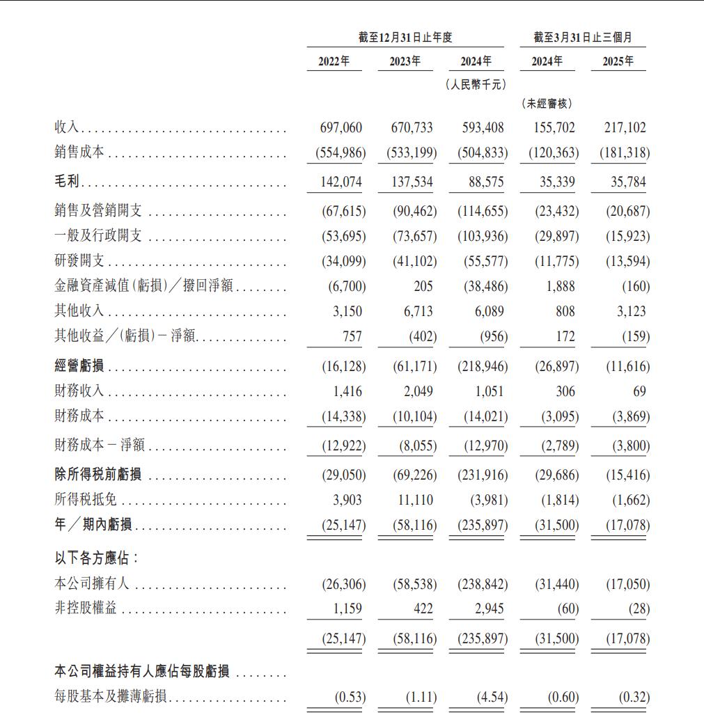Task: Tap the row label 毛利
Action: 68,182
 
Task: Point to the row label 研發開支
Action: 79,261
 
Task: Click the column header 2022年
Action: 334,61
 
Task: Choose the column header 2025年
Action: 618,61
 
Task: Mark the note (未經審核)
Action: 547,104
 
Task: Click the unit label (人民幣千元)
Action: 476,84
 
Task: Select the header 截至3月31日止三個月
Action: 583,38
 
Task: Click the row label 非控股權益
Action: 86,608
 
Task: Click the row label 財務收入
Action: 79,391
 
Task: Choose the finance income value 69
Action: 639,391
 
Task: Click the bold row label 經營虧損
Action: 79,366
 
